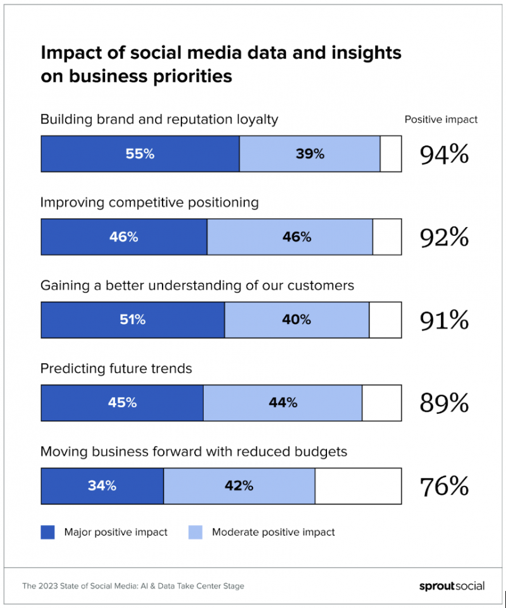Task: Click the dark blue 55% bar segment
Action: point(140,154)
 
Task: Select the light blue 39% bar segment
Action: point(310,154)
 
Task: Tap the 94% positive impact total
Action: point(445,154)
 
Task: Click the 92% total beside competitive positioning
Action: point(445,237)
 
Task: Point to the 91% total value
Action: point(445,320)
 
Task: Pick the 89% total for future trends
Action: point(445,403)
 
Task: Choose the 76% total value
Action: point(445,487)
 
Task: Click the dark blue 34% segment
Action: point(102,486)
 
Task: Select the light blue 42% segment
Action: point(239,486)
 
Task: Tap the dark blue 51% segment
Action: point(133,320)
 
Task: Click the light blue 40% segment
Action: point(297,320)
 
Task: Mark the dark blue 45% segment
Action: point(122,403)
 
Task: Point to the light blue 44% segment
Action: point(283,403)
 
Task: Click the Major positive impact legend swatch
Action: point(47,532)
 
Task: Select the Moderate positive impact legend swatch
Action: point(195,532)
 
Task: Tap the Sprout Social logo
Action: point(452,586)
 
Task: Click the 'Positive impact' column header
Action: point(441,120)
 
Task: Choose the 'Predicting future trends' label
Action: point(116,368)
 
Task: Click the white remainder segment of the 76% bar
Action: point(358,486)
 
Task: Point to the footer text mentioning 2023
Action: point(133,586)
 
